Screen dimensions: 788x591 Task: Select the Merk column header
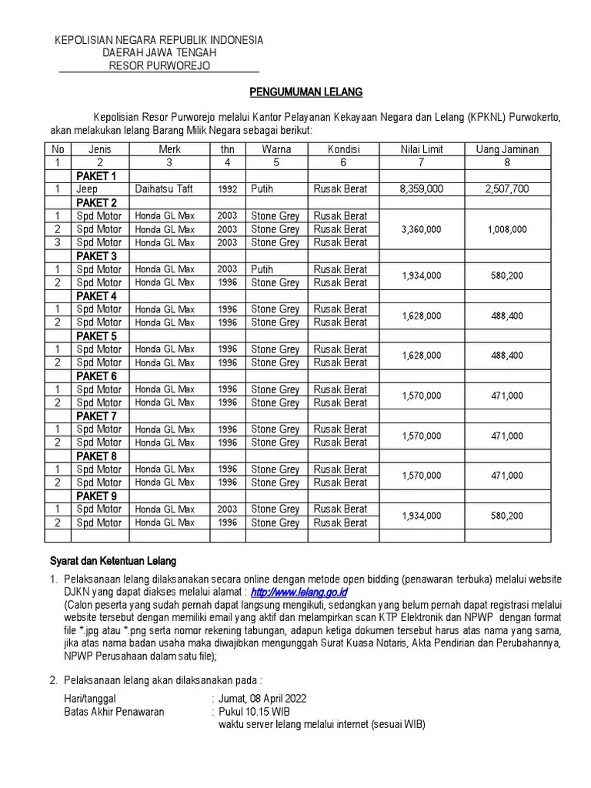tap(169, 149)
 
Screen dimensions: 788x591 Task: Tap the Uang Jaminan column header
tap(508, 149)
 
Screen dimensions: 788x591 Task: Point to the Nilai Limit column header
tap(422, 149)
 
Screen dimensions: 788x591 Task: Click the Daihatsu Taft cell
tap(165, 189)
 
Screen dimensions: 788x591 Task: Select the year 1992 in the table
tap(227, 189)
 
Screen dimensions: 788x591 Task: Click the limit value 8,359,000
tap(422, 189)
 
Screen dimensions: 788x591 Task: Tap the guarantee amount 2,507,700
tap(508, 189)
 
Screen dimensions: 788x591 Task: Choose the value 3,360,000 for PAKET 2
tap(422, 229)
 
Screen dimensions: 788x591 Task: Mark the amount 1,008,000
tap(508, 229)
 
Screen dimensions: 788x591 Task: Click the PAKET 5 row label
tap(96, 336)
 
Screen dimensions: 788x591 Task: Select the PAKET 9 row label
tap(96, 496)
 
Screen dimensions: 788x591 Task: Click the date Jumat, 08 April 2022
tap(262, 698)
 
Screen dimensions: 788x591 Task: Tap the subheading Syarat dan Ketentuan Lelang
tap(113, 561)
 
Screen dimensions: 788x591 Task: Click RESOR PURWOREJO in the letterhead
tap(159, 65)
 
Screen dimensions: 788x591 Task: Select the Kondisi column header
tap(343, 149)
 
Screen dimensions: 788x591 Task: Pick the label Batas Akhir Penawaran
tap(114, 712)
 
